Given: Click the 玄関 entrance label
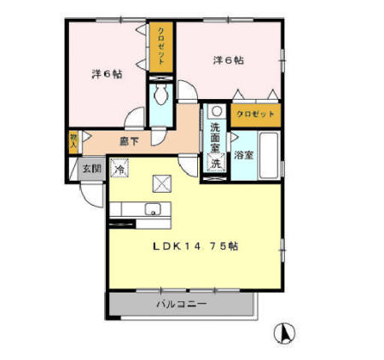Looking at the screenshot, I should pyautogui.click(x=91, y=167).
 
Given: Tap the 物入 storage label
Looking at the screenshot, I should pyautogui.click(x=73, y=139).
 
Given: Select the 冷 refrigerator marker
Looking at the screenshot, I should pyautogui.click(x=120, y=169).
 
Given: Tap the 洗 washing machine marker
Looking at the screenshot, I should pyautogui.click(x=216, y=163).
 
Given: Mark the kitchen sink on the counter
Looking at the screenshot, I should pyautogui.click(x=153, y=210).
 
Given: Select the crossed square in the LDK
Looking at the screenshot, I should pyautogui.click(x=162, y=183).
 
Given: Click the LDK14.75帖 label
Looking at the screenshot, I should pyautogui.click(x=195, y=247).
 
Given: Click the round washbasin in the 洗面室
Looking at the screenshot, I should pyautogui.click(x=217, y=111).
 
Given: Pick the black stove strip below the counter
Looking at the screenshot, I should pyautogui.click(x=124, y=224).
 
